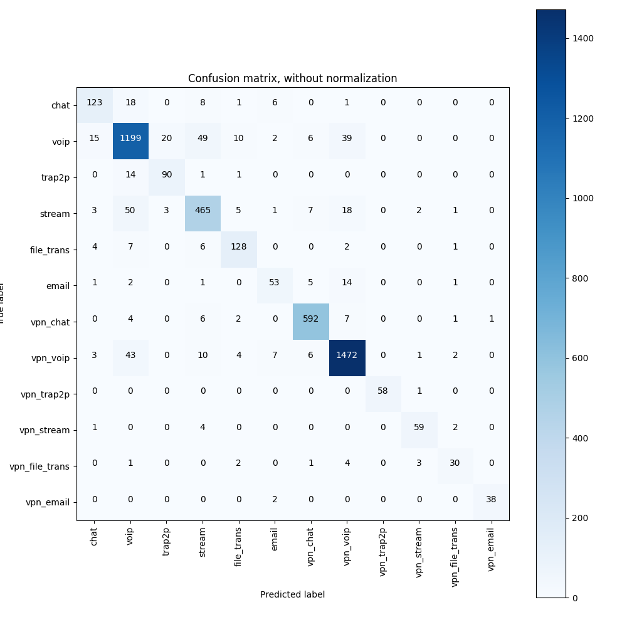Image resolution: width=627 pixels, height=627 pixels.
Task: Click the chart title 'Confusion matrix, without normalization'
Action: point(292,79)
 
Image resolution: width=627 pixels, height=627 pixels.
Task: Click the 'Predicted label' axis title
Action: point(292,594)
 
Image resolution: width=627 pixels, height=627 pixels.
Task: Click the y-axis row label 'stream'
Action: point(55,214)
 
